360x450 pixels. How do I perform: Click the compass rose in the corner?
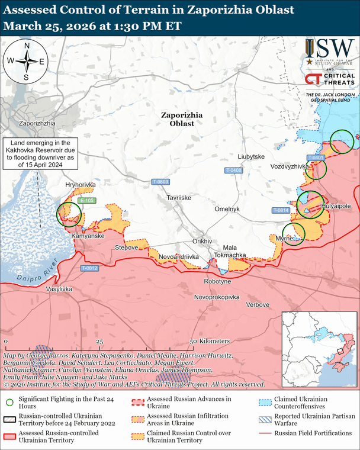[26, 61]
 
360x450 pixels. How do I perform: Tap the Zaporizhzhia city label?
[37, 123]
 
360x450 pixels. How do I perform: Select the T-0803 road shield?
[160, 181]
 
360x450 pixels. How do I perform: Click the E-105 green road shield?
[86, 201]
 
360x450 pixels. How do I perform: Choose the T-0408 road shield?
[234, 171]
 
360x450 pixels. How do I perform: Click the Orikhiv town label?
[202, 242]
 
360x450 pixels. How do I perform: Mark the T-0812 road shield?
[89, 268]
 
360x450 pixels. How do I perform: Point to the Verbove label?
[258, 304]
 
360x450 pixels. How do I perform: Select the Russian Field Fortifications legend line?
[265, 433]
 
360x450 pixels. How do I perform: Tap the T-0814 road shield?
[281, 210]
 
